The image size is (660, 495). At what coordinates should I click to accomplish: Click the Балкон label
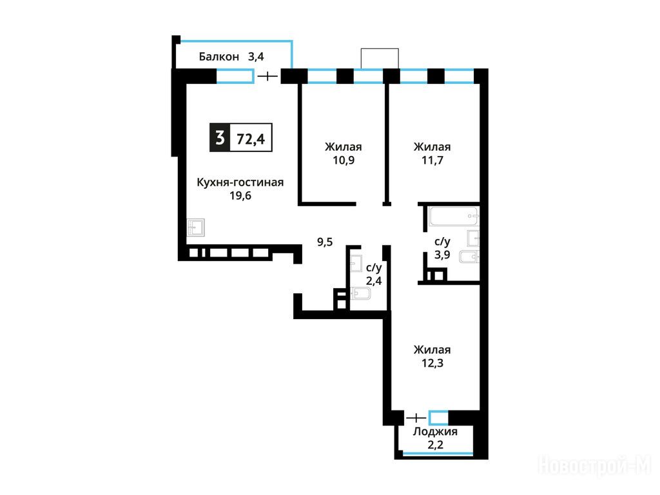(x=219, y=57)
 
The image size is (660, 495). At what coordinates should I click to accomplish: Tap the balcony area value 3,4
(x=256, y=57)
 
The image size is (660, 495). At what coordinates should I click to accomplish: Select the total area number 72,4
(x=251, y=139)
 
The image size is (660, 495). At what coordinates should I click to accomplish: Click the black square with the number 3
(x=220, y=138)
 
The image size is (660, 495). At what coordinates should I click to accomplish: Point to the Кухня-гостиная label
(x=240, y=182)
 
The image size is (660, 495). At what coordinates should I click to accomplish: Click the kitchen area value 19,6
(x=240, y=196)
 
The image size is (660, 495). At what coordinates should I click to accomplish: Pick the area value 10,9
(x=344, y=160)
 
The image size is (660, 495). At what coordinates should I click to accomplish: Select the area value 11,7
(x=432, y=160)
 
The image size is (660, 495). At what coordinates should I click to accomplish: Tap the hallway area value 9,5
(x=325, y=242)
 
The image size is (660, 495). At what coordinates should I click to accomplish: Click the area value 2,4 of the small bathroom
(x=374, y=281)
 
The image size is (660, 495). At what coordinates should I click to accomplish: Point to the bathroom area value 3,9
(x=442, y=255)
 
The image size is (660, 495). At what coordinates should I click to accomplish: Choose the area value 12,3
(x=432, y=363)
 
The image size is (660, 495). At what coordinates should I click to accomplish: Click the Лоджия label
(x=435, y=431)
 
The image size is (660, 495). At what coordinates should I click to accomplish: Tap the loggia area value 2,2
(x=435, y=445)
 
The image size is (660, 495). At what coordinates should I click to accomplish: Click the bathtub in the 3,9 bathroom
(x=454, y=217)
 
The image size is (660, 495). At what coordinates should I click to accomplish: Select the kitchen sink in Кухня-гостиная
(x=196, y=228)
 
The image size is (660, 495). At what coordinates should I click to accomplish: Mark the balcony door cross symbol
(x=267, y=76)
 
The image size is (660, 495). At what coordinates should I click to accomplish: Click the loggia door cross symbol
(x=417, y=418)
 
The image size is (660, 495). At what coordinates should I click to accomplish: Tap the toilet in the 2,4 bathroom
(x=360, y=293)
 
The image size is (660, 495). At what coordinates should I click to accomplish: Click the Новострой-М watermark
(x=595, y=467)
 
